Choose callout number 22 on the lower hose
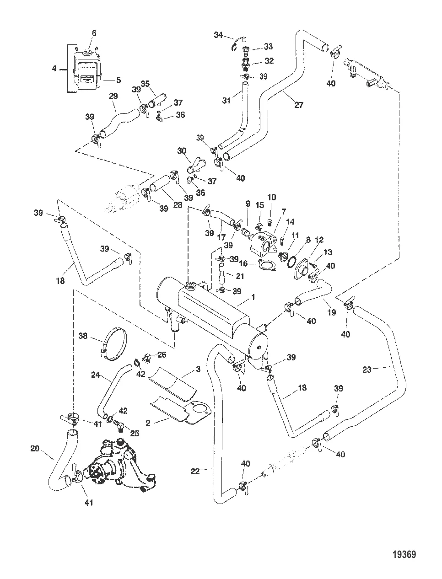pyautogui.click(x=195, y=471)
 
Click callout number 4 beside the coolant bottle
pyautogui.click(x=54, y=69)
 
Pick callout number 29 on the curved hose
pyautogui.click(x=113, y=96)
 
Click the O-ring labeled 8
pyautogui.click(x=291, y=261)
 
